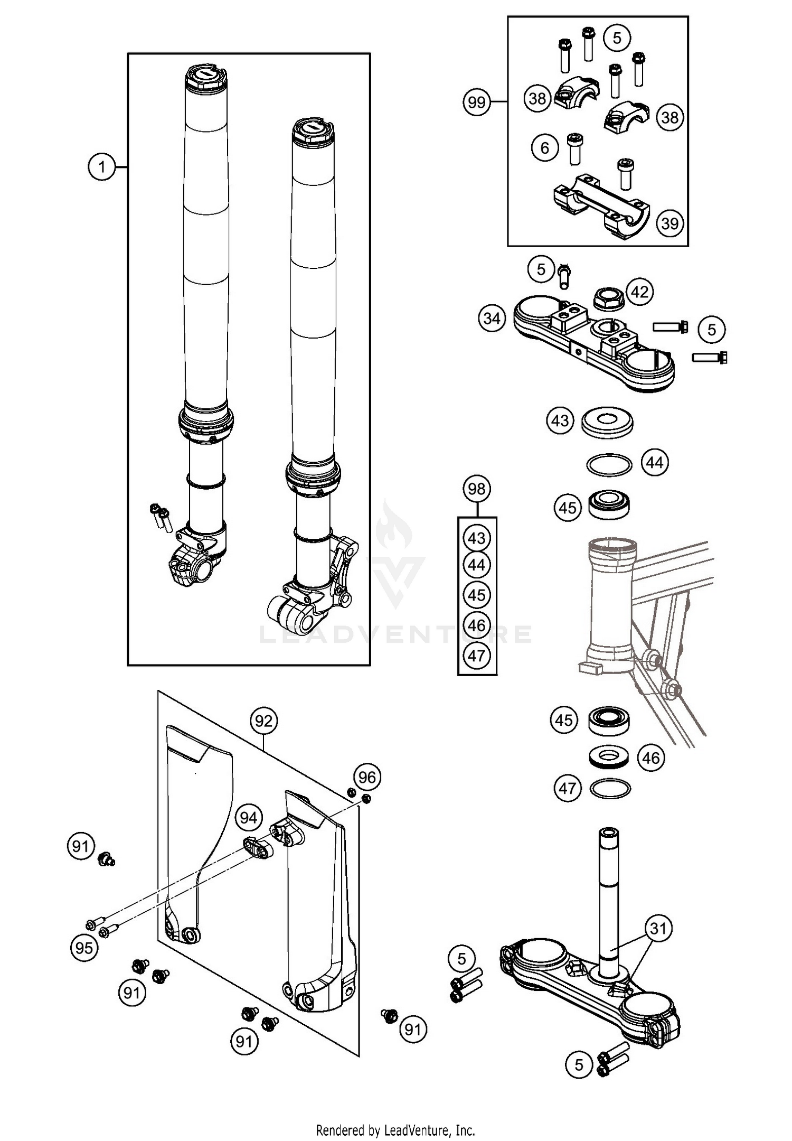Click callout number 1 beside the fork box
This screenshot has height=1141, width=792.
101,167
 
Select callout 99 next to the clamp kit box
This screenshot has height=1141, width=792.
476,101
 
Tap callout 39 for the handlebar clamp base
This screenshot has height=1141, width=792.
670,223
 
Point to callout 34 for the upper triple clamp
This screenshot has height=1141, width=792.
492,319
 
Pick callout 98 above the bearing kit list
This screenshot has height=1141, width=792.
476,489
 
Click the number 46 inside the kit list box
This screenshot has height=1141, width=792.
476,625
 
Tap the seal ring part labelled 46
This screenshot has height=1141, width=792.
609,757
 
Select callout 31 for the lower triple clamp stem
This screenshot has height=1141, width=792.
658,928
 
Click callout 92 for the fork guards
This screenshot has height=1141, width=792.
263,721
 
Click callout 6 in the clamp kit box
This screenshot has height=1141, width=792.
545,147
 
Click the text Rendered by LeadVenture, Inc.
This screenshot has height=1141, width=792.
395,1130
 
